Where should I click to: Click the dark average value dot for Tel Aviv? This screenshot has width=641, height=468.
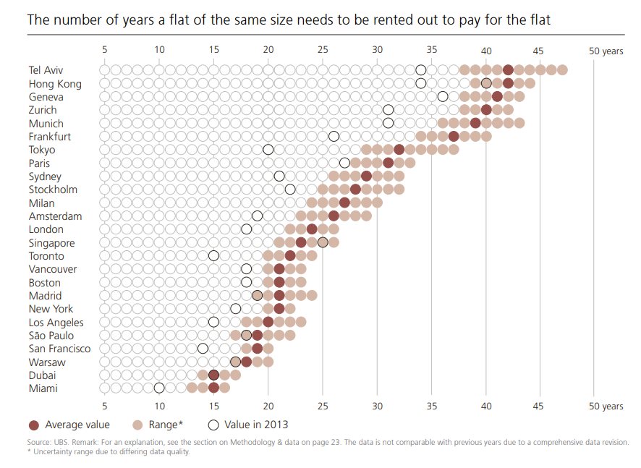tap(508, 70)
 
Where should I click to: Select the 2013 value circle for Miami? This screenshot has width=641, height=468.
tap(159, 388)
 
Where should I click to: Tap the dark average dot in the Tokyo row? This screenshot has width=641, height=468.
tap(399, 150)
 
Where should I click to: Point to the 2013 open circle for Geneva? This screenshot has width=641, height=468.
tap(443, 97)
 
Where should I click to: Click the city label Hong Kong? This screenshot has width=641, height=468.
tap(55, 84)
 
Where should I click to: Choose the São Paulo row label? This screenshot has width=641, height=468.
tap(51, 336)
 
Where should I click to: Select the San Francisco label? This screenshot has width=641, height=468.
tap(59, 349)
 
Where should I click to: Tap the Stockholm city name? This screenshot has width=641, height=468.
tap(53, 190)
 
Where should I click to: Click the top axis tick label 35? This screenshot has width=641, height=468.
tap(432, 51)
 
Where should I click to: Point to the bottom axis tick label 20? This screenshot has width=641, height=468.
tap(268, 406)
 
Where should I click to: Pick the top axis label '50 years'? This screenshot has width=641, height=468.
tap(606, 51)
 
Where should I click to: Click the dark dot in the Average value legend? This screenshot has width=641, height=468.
tap(33, 425)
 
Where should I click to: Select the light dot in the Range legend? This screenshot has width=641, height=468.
tap(137, 425)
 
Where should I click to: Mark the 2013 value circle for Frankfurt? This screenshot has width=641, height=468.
tap(334, 137)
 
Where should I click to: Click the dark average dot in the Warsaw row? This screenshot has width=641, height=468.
tap(246, 362)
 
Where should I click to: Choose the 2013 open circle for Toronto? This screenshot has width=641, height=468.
tap(213, 256)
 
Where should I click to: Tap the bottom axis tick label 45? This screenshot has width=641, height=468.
tap(539, 406)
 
